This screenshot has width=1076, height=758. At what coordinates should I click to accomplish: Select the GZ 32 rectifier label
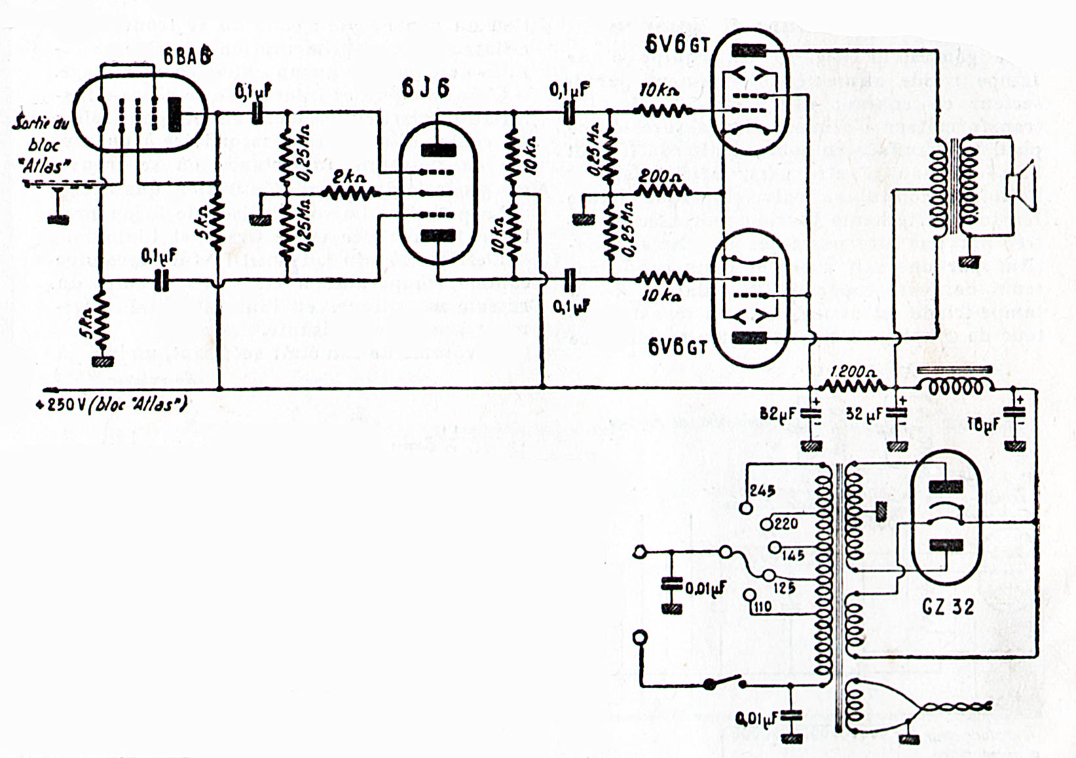tap(948, 607)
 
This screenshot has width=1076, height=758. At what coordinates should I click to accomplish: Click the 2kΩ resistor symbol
tap(349, 193)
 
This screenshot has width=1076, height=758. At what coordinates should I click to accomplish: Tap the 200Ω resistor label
tap(660, 176)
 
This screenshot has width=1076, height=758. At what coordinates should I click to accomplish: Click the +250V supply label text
tap(111, 404)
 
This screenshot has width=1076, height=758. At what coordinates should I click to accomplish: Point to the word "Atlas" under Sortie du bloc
tap(46, 166)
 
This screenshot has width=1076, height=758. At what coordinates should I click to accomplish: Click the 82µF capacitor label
tap(778, 414)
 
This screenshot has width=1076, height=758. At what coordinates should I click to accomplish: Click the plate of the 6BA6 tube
tap(175, 113)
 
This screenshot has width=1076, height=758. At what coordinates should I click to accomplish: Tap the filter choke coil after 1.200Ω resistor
tap(953, 386)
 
